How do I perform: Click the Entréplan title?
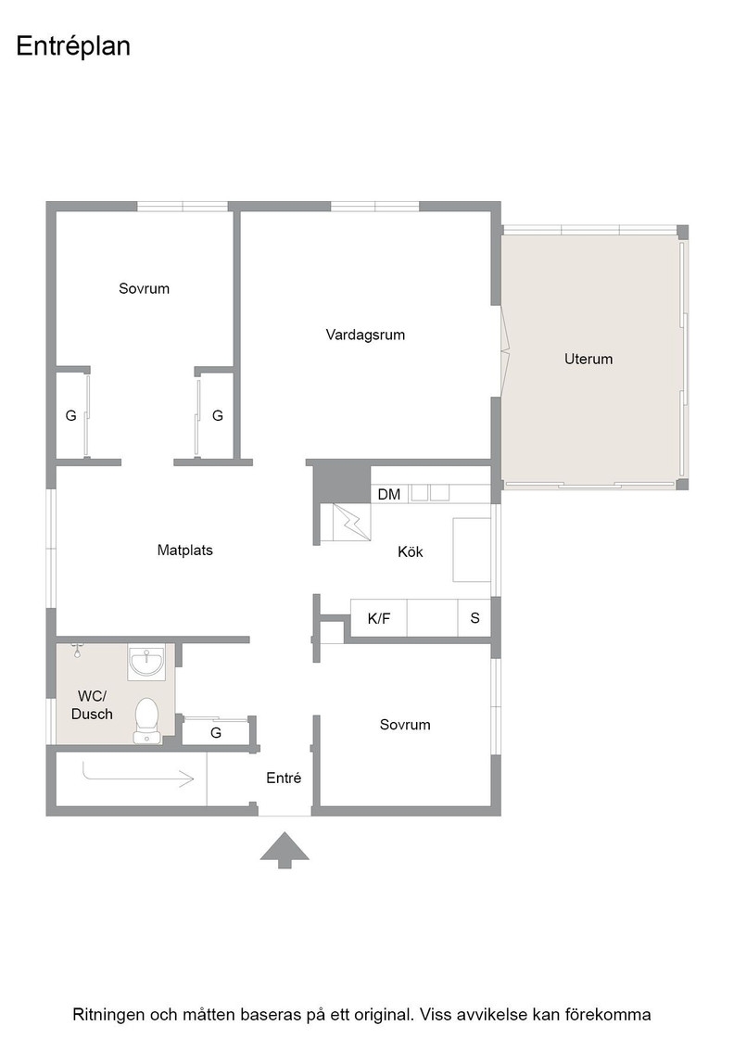[73, 47]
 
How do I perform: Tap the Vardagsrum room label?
[365, 335]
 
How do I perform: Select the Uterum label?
[588, 359]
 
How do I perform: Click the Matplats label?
[185, 551]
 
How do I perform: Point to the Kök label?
[411, 551]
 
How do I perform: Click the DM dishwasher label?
[389, 495]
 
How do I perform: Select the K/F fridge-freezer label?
[378, 618]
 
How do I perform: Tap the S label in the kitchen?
[475, 618]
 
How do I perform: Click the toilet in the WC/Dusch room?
[147, 720]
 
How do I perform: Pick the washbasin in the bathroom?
[147, 662]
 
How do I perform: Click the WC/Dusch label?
[92, 705]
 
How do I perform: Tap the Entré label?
[284, 778]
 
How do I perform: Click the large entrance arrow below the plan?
[285, 850]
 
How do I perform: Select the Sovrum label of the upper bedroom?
[145, 288]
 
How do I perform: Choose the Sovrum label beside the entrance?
[405, 725]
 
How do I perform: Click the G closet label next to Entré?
[216, 733]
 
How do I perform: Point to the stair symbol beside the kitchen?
[345, 524]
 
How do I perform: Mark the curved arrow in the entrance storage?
[138, 775]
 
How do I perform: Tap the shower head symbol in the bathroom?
[78, 650]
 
